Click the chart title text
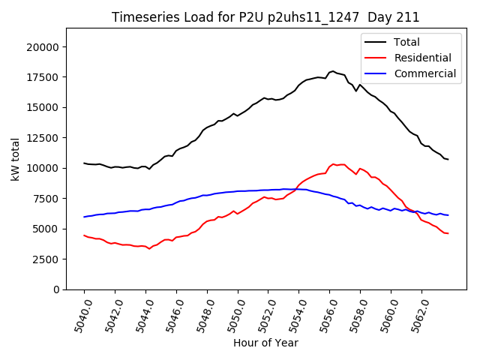click(265, 17)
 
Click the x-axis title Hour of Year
click(265, 343)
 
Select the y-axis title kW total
click(15, 159)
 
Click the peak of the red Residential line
click(333, 163)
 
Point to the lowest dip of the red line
click(149, 248)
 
